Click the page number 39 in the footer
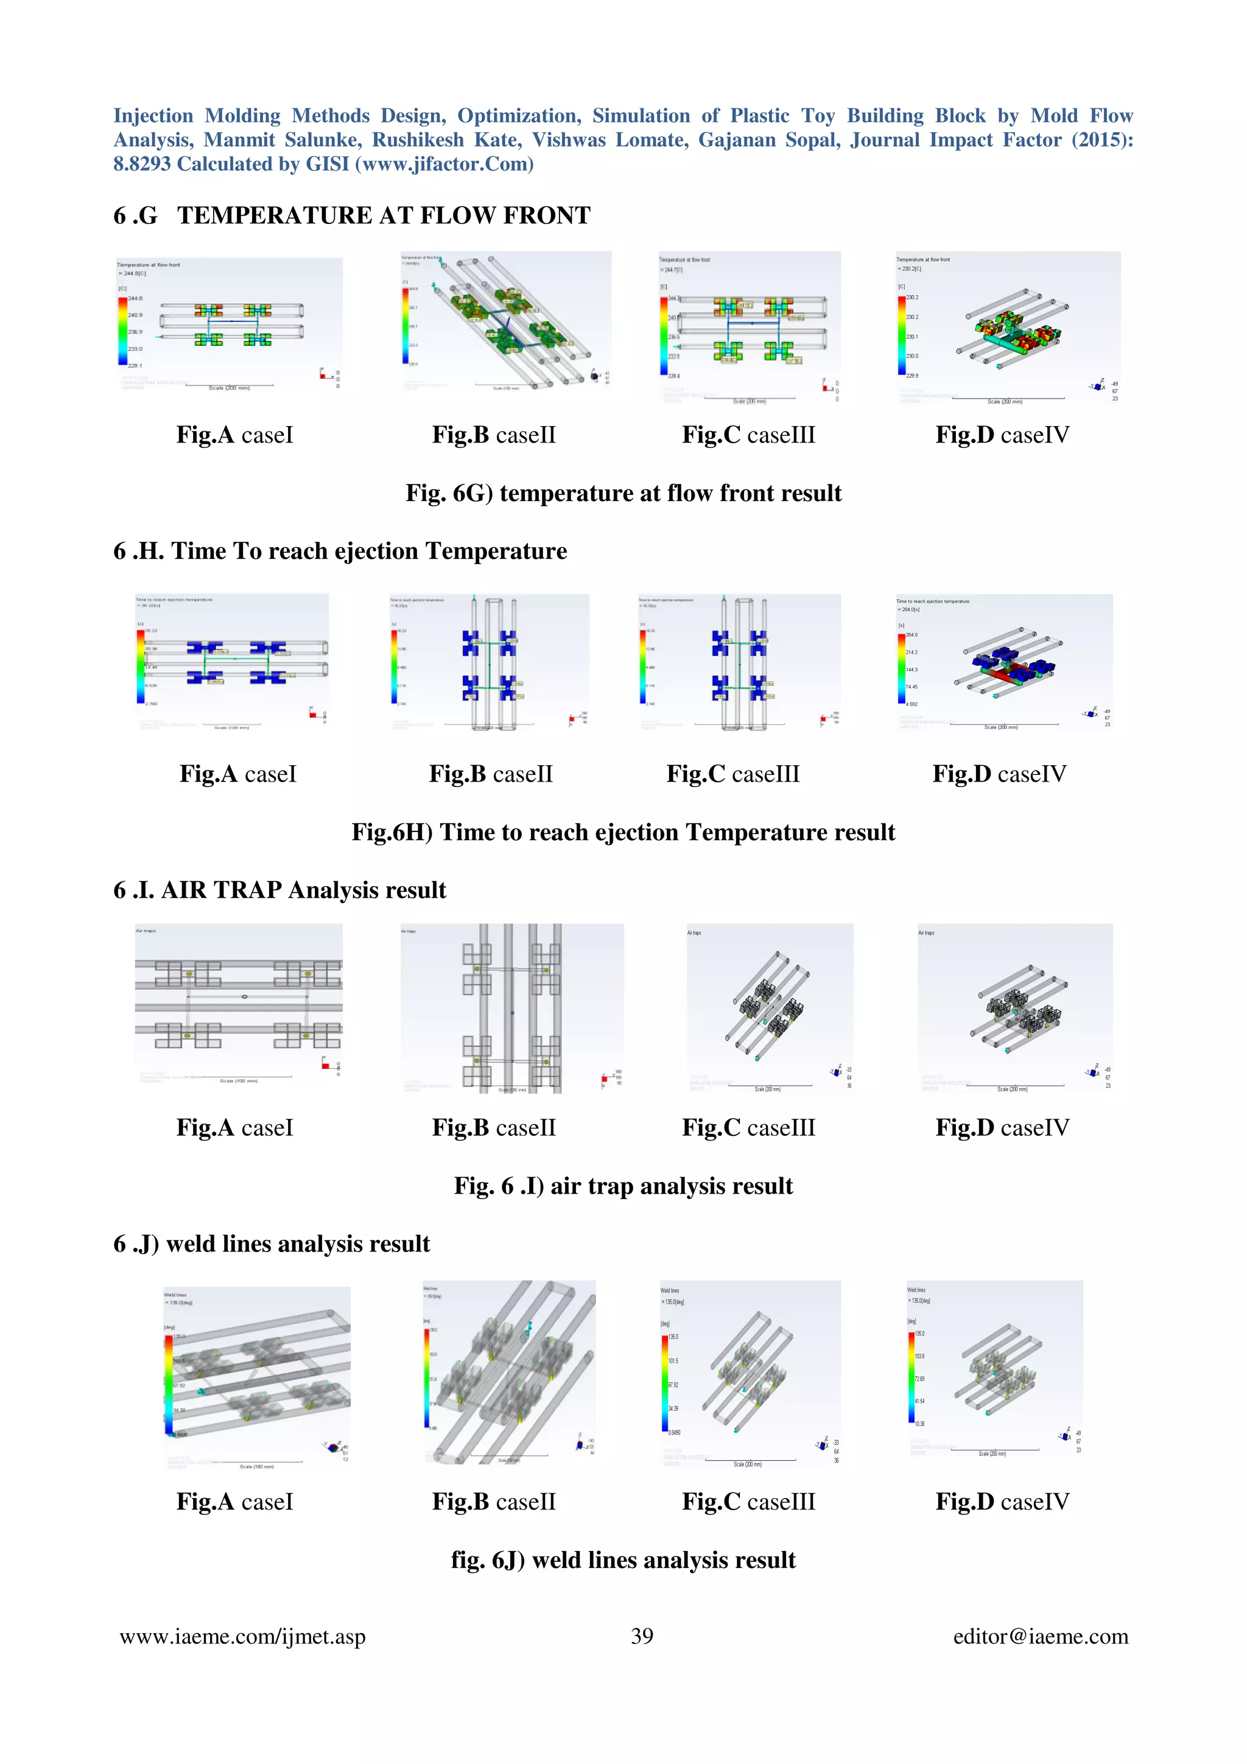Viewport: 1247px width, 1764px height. [x=642, y=1636]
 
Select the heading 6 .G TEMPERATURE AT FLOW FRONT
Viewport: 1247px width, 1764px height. [x=352, y=216]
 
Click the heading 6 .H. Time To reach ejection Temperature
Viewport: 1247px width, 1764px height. [x=340, y=551]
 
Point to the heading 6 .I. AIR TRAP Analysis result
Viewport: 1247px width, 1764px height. [x=279, y=890]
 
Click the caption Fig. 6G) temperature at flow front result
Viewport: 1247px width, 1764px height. [x=623, y=492]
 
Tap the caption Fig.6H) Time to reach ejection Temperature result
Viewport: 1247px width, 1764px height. [x=623, y=832]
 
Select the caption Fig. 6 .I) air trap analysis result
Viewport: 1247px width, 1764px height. [x=623, y=1186]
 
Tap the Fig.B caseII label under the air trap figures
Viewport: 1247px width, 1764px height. [x=493, y=1127]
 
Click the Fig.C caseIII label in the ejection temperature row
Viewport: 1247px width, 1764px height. [x=733, y=774]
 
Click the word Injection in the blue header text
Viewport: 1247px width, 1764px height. [x=153, y=116]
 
